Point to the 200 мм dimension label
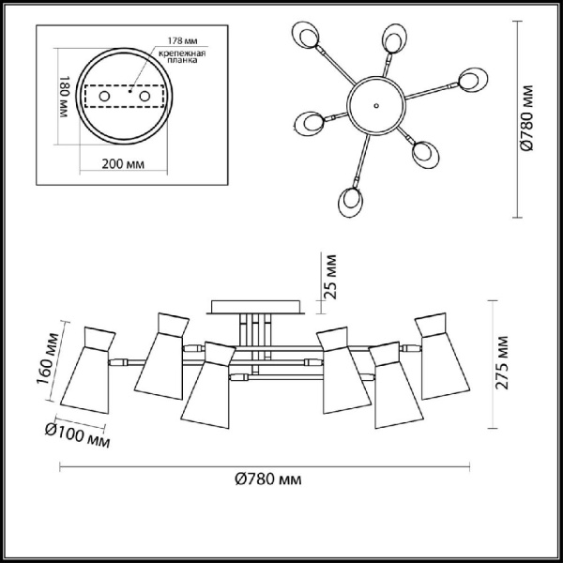click(122, 164)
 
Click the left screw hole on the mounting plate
click(104, 97)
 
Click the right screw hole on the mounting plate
click(144, 97)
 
